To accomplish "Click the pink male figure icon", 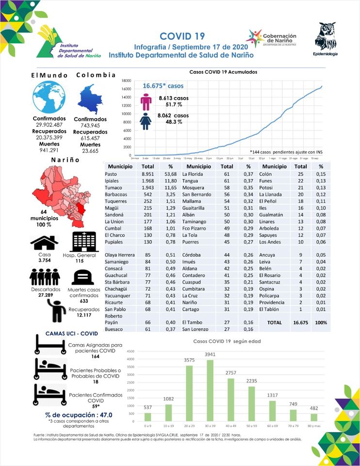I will point(146,102).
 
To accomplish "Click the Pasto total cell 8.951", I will point(147,174).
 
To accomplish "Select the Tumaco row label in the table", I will point(114,187).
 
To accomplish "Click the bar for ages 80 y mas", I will point(314,416).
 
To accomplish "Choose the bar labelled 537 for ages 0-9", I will point(148,416).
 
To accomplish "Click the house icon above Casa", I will point(44,241).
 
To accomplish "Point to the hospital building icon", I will point(80,242).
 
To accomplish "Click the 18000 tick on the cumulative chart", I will point(126,81).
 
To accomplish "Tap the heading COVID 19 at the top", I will point(182,36).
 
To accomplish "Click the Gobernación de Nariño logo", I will point(272,38).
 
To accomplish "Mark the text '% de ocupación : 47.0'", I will point(78,415).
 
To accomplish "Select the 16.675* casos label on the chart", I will point(163,86).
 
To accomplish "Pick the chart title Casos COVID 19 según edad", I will point(227,341).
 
